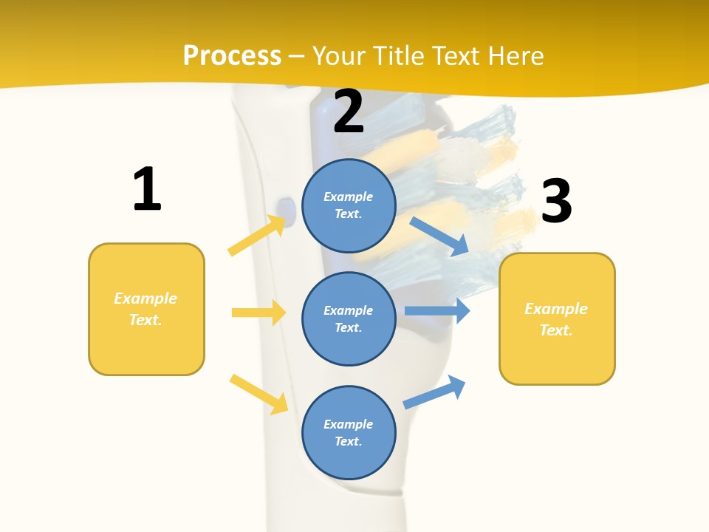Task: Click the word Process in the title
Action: click(232, 55)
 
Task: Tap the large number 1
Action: click(147, 189)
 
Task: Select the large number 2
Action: click(349, 112)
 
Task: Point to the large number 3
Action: click(556, 201)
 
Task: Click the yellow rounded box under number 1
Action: click(146, 309)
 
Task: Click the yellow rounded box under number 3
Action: click(557, 318)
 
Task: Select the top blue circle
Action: click(349, 205)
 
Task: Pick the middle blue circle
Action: click(349, 318)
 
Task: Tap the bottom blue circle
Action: click(349, 432)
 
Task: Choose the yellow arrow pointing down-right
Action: click(259, 394)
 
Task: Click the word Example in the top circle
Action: click(349, 197)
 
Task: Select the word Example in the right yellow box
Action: click(556, 309)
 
